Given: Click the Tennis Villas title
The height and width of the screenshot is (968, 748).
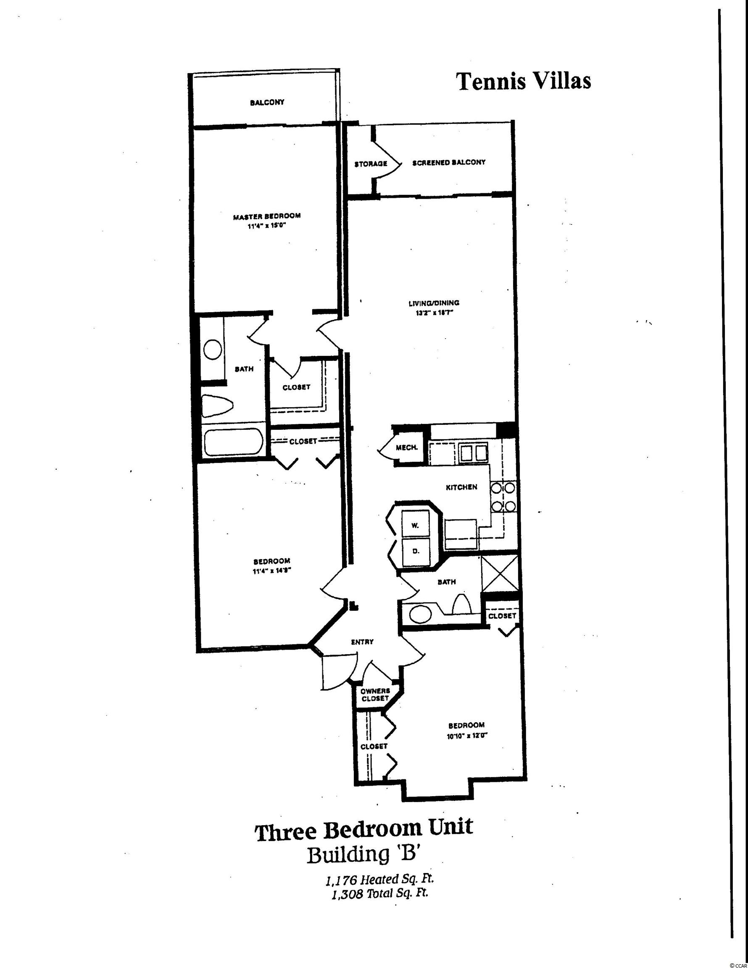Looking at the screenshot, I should click(x=524, y=82).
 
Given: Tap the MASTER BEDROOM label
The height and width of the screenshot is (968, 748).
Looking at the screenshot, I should click(x=267, y=216).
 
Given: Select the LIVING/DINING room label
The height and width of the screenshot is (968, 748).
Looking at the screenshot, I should click(x=434, y=303).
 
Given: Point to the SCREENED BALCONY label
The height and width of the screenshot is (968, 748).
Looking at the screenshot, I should click(x=449, y=163).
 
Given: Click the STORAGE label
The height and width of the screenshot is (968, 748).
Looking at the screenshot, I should click(x=371, y=164).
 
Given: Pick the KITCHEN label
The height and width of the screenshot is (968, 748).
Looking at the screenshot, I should click(x=461, y=487).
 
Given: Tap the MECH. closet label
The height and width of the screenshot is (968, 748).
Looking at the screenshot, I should click(x=407, y=447).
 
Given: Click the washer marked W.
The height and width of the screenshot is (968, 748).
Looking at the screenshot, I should click(x=416, y=525).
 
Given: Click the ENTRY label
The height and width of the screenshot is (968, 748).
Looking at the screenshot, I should click(x=362, y=642).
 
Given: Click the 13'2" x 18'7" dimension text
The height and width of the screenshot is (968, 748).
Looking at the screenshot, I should click(x=434, y=313).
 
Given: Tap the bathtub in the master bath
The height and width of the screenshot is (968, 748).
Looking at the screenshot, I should click(x=233, y=442).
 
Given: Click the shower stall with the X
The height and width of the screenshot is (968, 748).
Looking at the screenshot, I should click(x=500, y=574).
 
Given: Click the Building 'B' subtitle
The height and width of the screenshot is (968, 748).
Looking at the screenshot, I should click(x=363, y=855).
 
